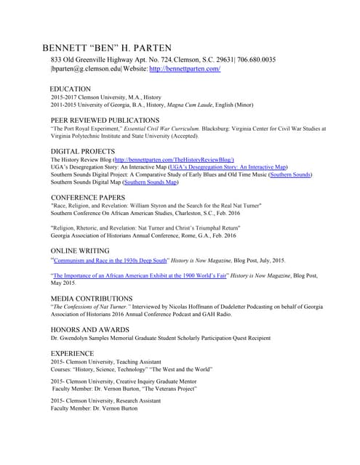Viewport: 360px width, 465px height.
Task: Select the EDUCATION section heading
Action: click(x=71, y=88)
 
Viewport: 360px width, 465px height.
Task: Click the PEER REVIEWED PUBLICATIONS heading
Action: click(x=105, y=120)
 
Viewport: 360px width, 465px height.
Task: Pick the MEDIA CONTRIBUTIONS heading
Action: click(x=92, y=299)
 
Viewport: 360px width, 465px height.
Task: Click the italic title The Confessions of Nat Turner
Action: click(x=88, y=307)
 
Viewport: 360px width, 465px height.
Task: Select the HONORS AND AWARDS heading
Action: click(x=91, y=329)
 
